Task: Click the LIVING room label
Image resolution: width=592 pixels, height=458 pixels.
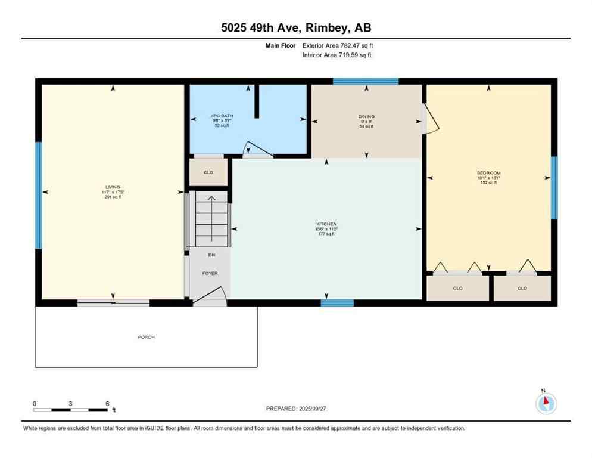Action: (113, 187)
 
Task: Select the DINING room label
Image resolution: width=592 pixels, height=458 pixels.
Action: (366, 117)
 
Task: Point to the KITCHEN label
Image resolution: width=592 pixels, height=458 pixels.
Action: (326, 224)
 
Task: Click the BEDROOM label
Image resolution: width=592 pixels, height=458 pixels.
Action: (488, 174)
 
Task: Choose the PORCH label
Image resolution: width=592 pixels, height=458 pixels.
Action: (146, 337)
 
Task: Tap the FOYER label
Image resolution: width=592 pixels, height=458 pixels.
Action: (210, 273)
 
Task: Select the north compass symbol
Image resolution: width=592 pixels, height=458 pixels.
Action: (546, 403)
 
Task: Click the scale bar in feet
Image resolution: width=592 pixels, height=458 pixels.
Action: (71, 410)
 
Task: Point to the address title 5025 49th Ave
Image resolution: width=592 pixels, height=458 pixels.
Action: (295, 28)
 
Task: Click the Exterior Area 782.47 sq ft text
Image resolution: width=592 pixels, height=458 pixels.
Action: (338, 45)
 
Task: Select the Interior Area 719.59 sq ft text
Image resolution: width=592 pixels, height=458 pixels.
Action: (338, 55)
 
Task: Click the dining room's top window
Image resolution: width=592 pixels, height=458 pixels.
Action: (365, 81)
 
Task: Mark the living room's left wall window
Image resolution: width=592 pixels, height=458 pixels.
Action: (39, 195)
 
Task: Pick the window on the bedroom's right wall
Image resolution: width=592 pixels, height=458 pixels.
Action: (554, 188)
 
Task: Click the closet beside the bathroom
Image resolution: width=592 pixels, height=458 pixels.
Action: (208, 172)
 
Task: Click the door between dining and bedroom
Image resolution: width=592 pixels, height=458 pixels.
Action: (429, 119)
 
